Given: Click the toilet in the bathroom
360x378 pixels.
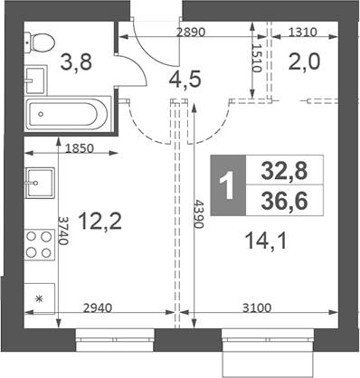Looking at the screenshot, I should [41, 40].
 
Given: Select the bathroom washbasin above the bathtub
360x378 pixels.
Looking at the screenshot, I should [37, 80].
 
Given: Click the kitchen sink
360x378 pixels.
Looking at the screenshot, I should [40, 184].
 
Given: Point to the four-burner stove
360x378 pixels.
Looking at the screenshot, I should [40, 244].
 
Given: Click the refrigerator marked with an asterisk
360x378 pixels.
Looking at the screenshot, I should [39, 298].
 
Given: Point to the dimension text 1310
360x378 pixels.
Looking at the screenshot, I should [305, 32].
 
